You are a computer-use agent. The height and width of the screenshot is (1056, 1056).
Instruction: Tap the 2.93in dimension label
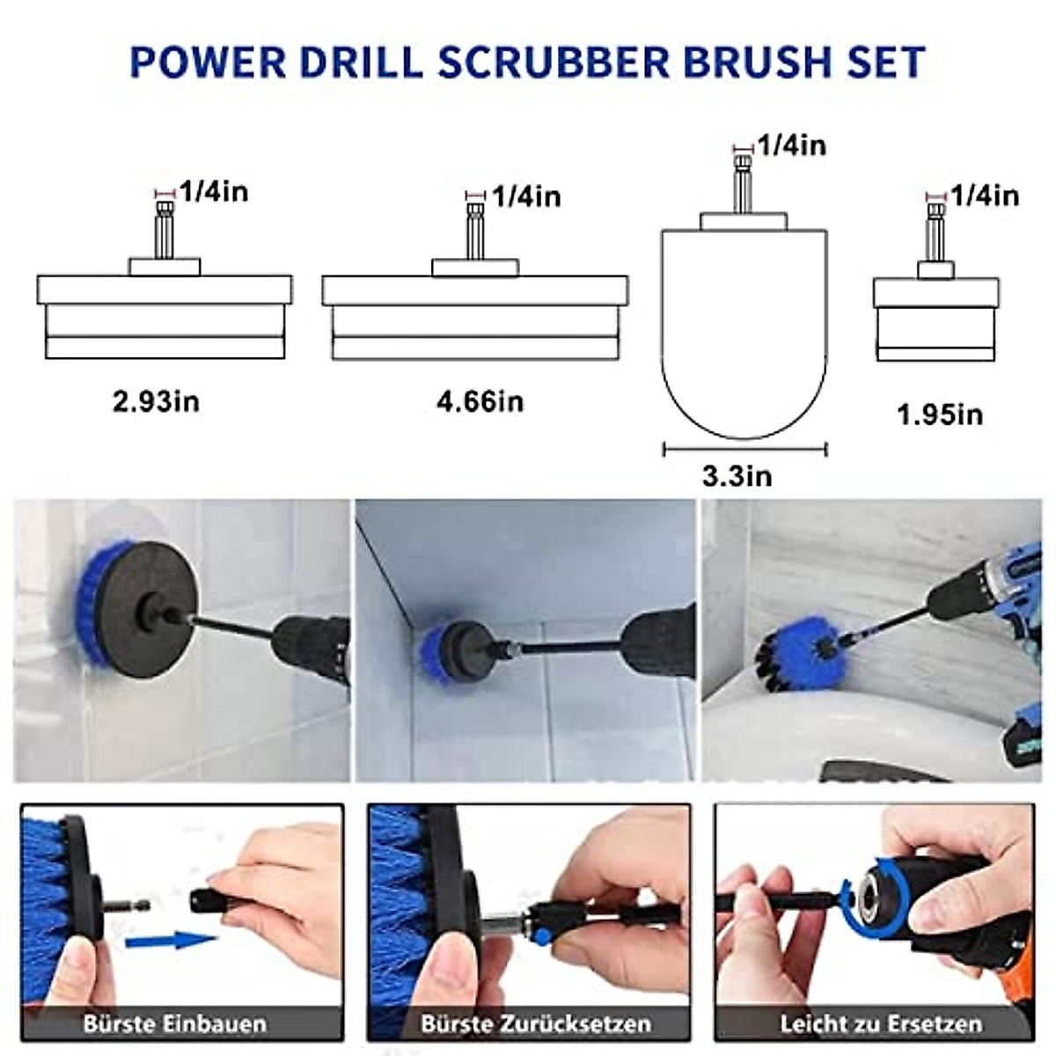pos(156,402)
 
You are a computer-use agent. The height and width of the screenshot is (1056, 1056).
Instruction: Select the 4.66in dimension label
pos(480,402)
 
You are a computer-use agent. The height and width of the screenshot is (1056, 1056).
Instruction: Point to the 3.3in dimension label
pos(737,476)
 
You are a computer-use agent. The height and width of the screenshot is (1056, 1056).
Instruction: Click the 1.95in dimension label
pos(940,414)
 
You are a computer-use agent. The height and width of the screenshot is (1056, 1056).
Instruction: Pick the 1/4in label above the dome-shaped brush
pos(792,145)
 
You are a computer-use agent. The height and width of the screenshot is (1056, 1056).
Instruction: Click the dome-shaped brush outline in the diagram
pos(744,334)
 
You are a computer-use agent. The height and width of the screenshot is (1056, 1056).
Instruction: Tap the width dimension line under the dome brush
pos(744,450)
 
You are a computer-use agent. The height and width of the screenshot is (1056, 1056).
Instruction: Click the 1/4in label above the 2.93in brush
pos(214,191)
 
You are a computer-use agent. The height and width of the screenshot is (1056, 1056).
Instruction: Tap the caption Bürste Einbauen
pos(174,1024)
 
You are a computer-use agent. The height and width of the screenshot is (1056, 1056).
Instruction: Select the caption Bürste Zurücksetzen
pos(535,1024)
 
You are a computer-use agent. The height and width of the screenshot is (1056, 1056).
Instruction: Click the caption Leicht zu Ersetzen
pos(880,1024)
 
